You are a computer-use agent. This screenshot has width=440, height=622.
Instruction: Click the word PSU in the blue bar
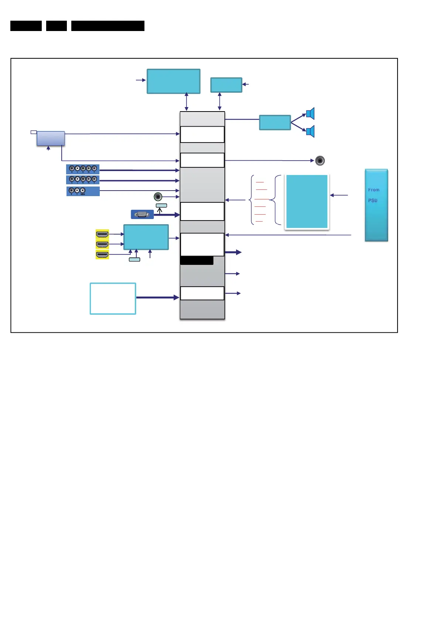[372, 201]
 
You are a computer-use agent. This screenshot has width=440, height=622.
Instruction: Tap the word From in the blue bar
[374, 190]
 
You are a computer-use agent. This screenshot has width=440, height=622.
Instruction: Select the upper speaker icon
[310, 113]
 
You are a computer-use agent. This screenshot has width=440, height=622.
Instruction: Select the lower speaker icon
[310, 131]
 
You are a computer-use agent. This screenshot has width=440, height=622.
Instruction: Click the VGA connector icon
[142, 214]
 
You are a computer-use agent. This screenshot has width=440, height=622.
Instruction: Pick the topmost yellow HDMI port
[102, 234]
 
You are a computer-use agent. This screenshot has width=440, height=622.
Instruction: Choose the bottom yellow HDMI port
[102, 254]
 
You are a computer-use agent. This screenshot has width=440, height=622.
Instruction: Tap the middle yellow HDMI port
[102, 244]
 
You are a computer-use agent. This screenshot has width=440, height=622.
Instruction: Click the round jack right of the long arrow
[320, 161]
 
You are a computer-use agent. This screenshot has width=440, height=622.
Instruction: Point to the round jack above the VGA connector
[158, 196]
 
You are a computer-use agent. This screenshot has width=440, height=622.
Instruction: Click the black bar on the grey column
[197, 260]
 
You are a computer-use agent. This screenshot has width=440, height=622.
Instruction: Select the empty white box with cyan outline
[113, 298]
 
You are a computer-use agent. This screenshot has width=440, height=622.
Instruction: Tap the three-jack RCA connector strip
[83, 191]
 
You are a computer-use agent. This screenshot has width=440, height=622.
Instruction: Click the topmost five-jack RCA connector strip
[83, 169]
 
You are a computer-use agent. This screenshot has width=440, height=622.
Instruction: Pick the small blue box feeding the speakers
[275, 123]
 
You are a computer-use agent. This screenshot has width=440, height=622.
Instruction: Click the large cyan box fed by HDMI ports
[146, 237]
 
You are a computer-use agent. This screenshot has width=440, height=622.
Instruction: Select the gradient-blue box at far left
[51, 138]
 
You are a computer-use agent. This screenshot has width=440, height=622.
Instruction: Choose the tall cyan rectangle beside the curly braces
[307, 202]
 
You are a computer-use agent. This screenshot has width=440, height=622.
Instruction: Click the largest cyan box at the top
[173, 81]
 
